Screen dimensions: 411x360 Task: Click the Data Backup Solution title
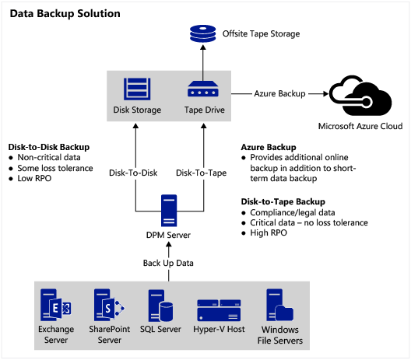click(x=65, y=14)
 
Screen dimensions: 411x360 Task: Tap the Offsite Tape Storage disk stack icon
click(x=202, y=33)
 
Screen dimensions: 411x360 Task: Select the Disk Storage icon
click(x=137, y=89)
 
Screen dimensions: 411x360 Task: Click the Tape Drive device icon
click(x=203, y=89)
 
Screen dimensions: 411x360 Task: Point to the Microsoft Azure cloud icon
click(x=360, y=96)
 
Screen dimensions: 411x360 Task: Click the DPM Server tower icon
click(x=169, y=211)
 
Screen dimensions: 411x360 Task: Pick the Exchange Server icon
click(x=55, y=305)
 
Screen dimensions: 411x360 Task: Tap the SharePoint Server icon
click(x=109, y=305)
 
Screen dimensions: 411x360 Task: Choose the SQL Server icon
click(x=160, y=306)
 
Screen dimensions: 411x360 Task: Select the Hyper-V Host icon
click(x=219, y=310)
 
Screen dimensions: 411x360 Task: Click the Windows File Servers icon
click(x=279, y=305)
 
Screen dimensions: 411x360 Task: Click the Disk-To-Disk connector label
click(x=133, y=173)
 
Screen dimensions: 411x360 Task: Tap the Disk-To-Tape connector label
click(x=202, y=173)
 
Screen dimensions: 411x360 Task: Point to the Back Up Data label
click(x=168, y=263)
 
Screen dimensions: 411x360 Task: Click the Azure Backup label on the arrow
click(x=279, y=94)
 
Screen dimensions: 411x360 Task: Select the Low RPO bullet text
click(x=34, y=178)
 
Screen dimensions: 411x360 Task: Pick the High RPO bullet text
click(x=269, y=232)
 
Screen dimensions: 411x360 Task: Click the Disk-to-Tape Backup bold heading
click(x=283, y=201)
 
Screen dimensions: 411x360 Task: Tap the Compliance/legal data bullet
click(x=293, y=212)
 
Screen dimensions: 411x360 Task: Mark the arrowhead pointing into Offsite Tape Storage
click(x=203, y=47)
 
